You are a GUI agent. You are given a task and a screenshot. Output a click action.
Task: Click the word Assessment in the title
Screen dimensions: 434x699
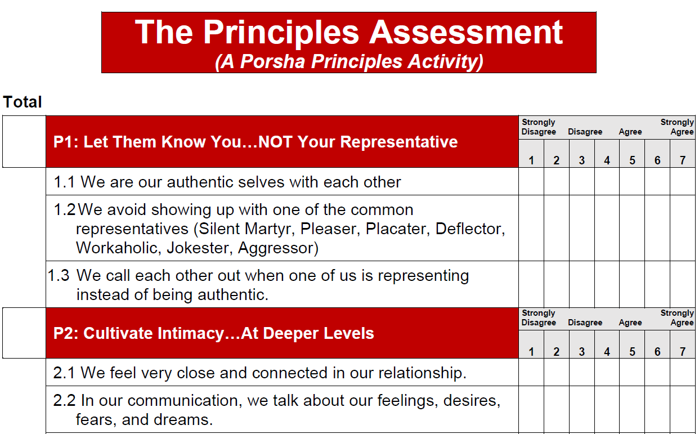click(466, 32)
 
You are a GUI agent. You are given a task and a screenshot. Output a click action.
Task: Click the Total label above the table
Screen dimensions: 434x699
click(23, 102)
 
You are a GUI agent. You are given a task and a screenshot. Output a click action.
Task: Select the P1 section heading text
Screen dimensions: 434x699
click(256, 142)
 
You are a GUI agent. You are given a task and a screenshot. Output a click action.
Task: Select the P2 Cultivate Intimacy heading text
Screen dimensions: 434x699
click(214, 333)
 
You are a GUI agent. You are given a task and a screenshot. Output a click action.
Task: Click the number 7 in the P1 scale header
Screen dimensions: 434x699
click(683, 160)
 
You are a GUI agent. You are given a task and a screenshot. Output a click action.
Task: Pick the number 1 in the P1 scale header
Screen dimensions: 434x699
click(531, 160)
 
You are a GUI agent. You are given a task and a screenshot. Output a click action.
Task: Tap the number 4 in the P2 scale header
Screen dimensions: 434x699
click(607, 352)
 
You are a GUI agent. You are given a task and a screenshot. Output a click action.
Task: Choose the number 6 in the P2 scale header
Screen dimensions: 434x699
click(657, 352)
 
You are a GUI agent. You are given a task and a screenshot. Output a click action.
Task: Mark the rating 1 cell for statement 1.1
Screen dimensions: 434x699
click(531, 181)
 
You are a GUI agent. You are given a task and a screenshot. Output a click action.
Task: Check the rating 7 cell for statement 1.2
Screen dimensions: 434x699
click(683, 227)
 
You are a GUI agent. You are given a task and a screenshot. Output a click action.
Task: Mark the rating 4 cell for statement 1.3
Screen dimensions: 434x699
click(607, 284)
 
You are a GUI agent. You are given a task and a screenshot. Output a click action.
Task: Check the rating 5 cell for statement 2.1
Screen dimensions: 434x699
click(632, 372)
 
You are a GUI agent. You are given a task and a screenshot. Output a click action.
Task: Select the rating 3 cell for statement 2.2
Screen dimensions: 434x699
click(581, 409)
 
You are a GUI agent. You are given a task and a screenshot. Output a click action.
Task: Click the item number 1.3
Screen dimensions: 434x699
click(59, 276)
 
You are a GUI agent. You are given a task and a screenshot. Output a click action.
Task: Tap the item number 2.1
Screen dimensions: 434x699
click(64, 373)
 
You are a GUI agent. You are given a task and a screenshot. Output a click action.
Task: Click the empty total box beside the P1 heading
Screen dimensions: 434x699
click(24, 142)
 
